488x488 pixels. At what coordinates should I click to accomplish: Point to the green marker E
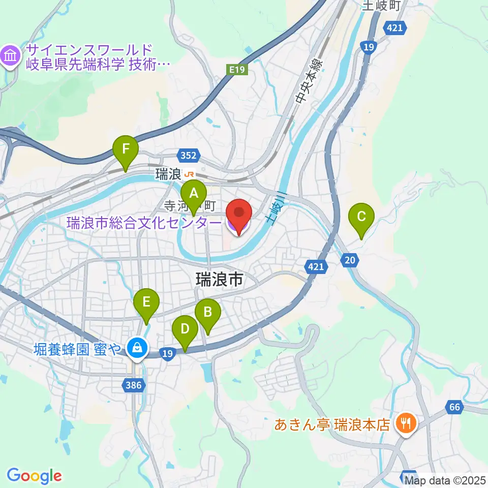146,302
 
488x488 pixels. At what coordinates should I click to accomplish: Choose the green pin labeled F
125,150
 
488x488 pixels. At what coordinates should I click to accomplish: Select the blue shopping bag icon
136,348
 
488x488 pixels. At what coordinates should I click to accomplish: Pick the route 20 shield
349,260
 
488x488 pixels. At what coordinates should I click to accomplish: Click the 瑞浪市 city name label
220,279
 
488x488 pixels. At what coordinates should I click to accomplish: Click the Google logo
34,476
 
